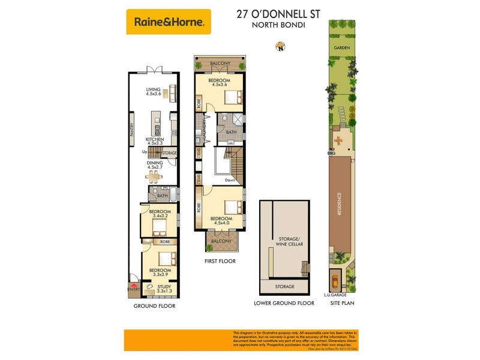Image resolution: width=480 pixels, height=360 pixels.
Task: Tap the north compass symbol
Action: (278, 46)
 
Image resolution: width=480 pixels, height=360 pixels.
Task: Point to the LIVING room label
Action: (153, 90)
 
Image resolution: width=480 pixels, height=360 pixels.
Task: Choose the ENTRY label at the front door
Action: (134, 289)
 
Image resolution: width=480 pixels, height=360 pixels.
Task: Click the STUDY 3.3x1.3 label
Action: (164, 289)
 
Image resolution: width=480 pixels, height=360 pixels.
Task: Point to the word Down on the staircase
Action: (230, 180)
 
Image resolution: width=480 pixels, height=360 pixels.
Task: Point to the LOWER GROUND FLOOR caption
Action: (284, 304)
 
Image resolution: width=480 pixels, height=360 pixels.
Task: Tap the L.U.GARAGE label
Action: (334, 295)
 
